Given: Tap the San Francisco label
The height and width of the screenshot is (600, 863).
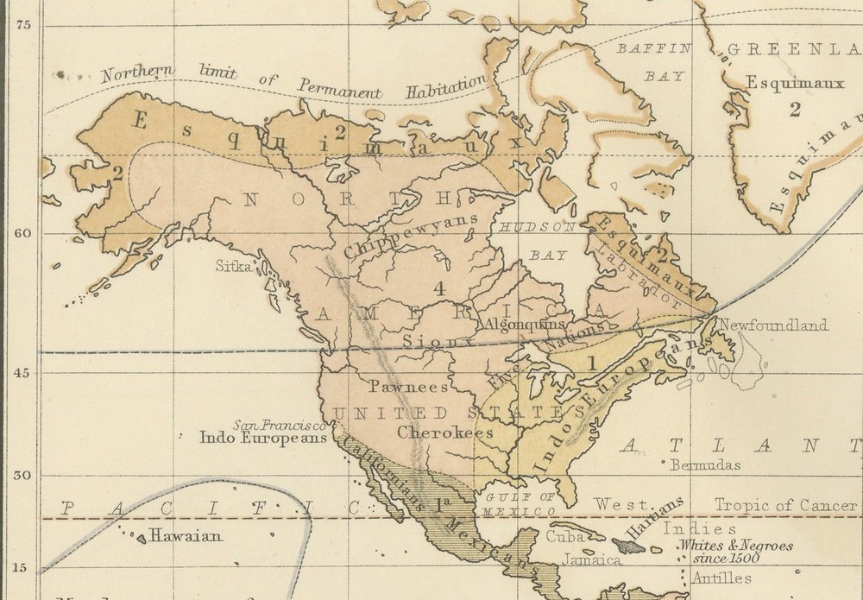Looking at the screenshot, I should click(x=280, y=425).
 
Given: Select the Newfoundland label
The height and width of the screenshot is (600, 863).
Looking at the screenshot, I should click(x=773, y=325).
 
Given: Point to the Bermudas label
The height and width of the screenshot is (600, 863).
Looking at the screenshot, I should click(x=705, y=465).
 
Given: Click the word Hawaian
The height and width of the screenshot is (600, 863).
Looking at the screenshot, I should click(x=186, y=536).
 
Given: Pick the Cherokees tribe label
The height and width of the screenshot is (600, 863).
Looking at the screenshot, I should click(x=445, y=432).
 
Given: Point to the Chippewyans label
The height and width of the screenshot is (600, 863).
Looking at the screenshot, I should click(x=411, y=237).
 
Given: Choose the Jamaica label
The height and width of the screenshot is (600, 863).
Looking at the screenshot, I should click(x=592, y=559).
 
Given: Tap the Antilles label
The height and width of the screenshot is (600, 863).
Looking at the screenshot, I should click(x=725, y=578).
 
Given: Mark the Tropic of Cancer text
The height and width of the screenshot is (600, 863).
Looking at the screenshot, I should click(x=785, y=506).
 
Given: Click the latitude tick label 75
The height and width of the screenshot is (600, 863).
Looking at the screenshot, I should click(x=23, y=25).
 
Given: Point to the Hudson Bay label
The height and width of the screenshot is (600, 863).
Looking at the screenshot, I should click(x=532, y=240).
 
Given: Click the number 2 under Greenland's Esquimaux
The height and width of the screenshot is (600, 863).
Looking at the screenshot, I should click(x=795, y=109).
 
